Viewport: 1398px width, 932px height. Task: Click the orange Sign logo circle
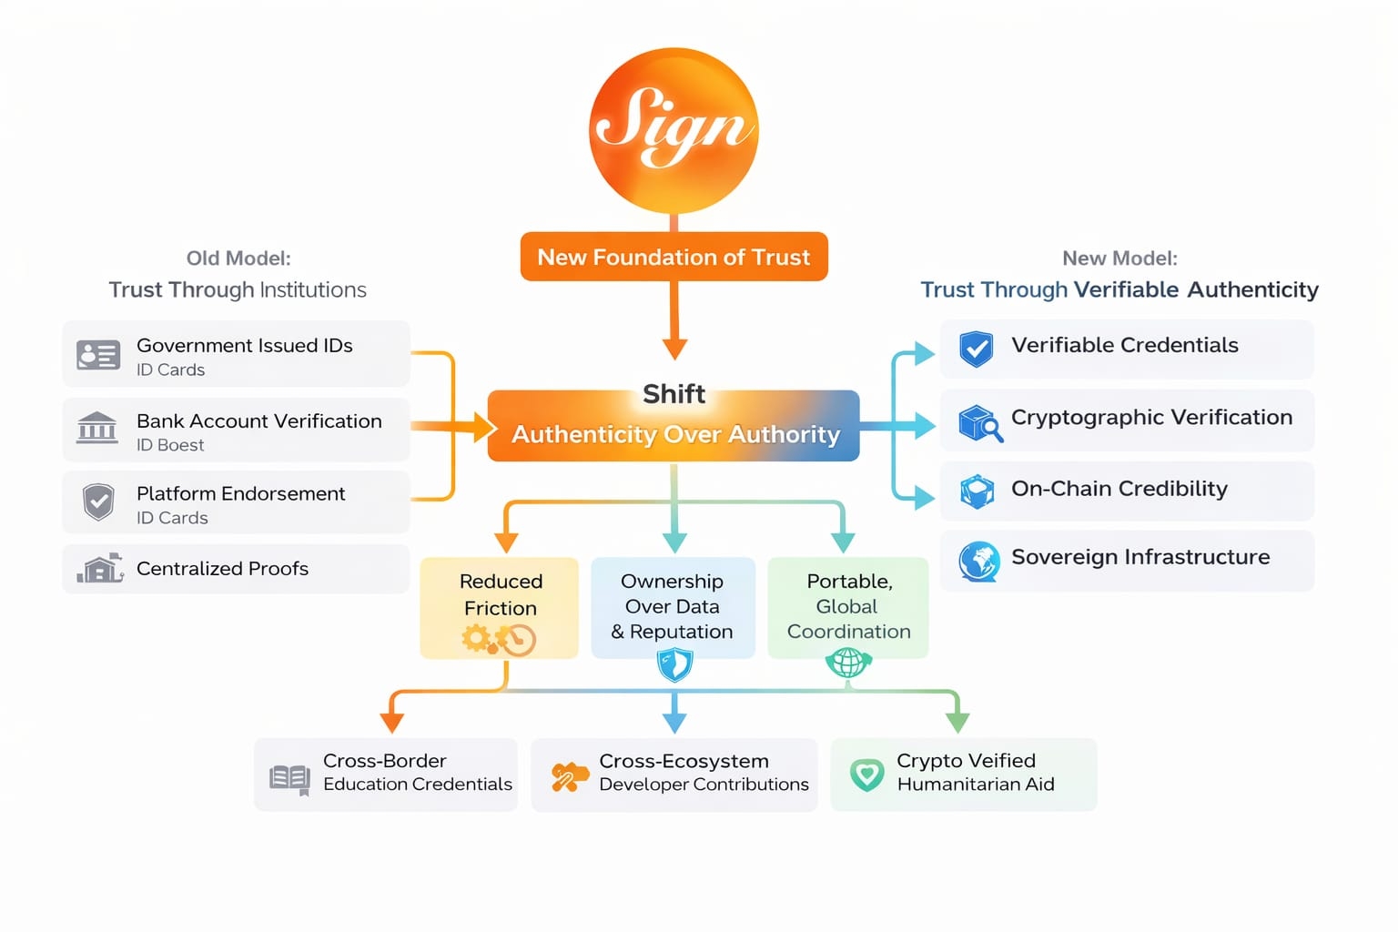[x=674, y=131]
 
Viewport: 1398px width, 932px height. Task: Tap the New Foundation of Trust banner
[x=674, y=258]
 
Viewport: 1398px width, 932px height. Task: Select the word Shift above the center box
[x=674, y=394]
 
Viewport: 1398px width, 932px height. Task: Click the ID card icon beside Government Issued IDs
[x=98, y=355]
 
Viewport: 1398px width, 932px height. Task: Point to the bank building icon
[x=97, y=427]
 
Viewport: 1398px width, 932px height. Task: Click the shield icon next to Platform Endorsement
[x=98, y=501]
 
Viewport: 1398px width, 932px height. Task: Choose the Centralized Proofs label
[x=222, y=569]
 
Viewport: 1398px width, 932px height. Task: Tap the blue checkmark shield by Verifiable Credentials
[x=977, y=349]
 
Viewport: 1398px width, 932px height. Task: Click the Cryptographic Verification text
[x=1151, y=418]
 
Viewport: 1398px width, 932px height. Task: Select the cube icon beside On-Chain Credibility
[x=978, y=491]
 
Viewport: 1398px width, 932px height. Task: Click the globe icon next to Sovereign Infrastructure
[x=979, y=561]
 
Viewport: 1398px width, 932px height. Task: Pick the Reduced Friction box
[x=500, y=606]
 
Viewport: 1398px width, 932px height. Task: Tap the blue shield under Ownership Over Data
[x=674, y=664]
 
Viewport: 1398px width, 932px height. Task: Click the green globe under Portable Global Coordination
[x=848, y=662]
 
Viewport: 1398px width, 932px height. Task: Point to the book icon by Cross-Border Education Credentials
[x=290, y=778]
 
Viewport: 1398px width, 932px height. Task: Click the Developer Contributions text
[x=704, y=785]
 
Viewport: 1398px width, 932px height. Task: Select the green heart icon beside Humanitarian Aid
[x=866, y=775]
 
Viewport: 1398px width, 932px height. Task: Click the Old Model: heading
[x=238, y=258]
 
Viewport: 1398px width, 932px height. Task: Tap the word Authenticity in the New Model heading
[x=1252, y=289]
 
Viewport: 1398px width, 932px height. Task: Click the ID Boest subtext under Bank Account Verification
[x=170, y=445]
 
